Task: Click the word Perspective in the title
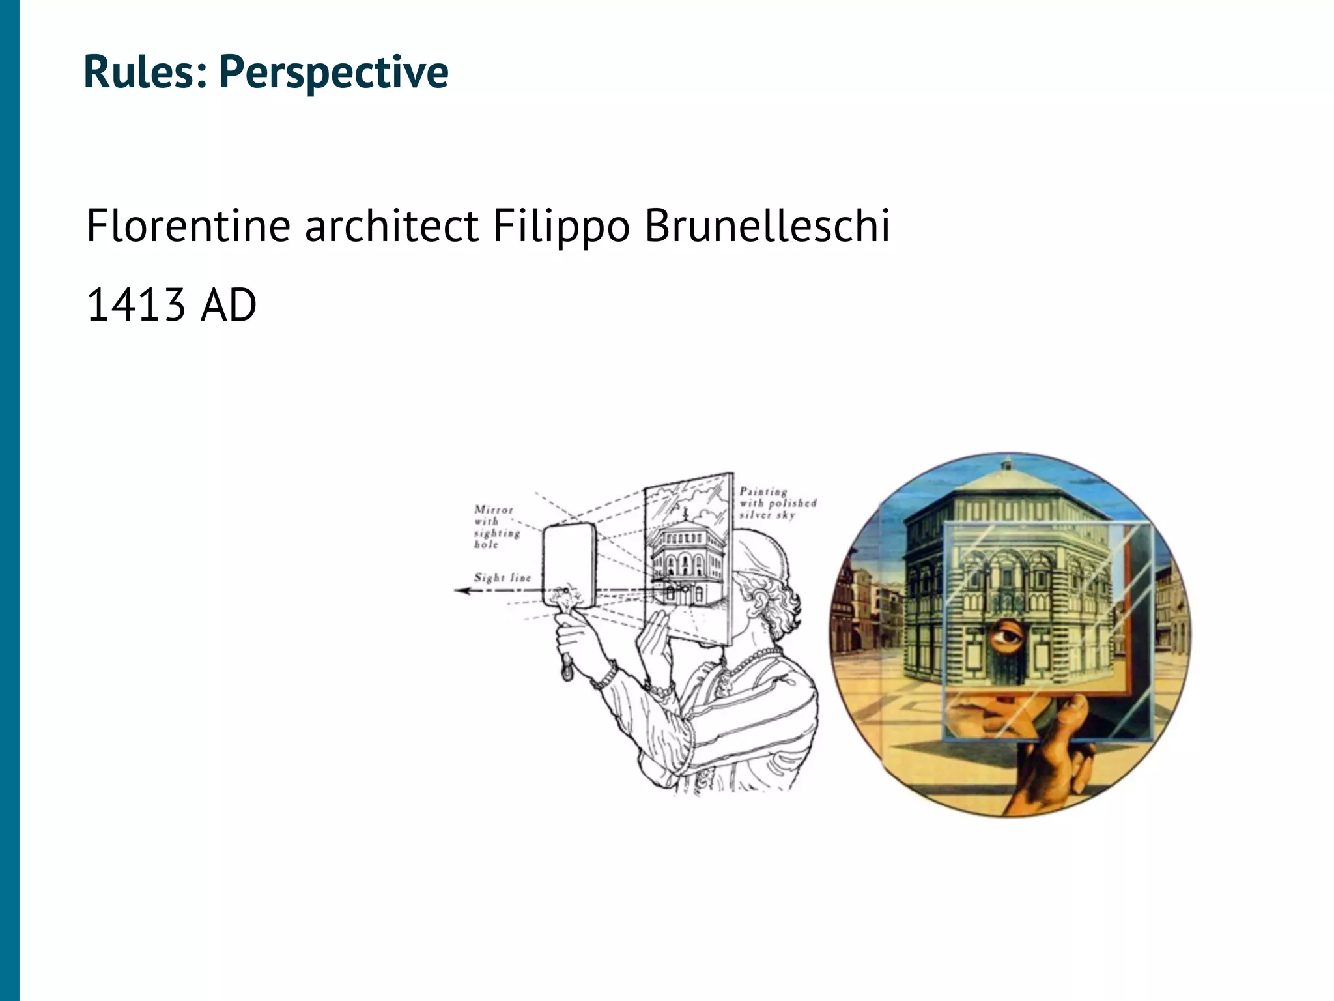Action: [333, 72]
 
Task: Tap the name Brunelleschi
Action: [767, 226]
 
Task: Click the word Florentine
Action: [188, 226]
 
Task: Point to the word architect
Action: [391, 226]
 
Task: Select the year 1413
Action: [135, 305]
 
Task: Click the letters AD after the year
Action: [228, 305]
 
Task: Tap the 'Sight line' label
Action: [502, 577]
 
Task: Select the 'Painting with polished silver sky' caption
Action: [777, 503]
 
